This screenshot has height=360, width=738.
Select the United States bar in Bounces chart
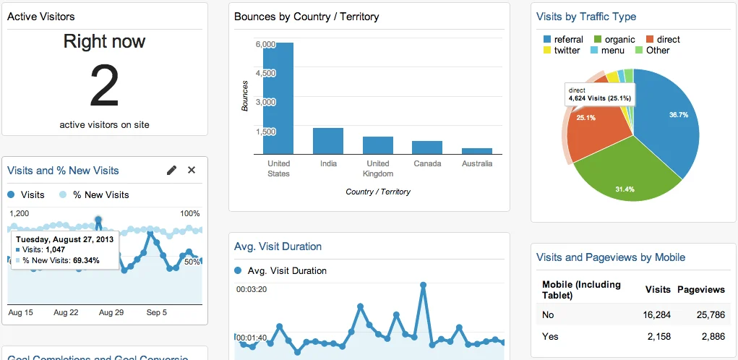click(278, 98)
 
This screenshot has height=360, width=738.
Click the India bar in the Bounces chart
click(328, 141)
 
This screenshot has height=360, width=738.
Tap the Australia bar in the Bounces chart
click(477, 151)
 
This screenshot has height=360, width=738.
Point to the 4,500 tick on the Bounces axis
click(265, 73)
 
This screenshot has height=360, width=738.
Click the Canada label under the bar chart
click(427, 164)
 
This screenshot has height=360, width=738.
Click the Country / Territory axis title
click(378, 192)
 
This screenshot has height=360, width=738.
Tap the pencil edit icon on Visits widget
click(171, 171)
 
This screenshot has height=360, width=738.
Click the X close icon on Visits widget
click(192, 171)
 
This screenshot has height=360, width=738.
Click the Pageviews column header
click(700, 289)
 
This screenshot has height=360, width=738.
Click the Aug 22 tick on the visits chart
click(66, 313)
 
